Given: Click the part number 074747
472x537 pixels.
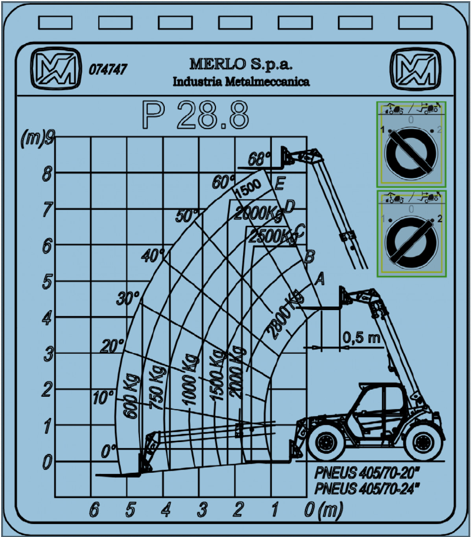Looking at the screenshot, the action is pyautogui.click(x=108, y=69).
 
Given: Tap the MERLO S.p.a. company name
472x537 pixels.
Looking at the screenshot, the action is pyautogui.click(x=241, y=64).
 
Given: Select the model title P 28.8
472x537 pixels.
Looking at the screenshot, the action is pyautogui.click(x=195, y=115).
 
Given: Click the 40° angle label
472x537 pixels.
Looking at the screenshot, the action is pyautogui.click(x=153, y=256).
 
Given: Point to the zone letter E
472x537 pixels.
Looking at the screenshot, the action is pyautogui.click(x=279, y=184).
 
